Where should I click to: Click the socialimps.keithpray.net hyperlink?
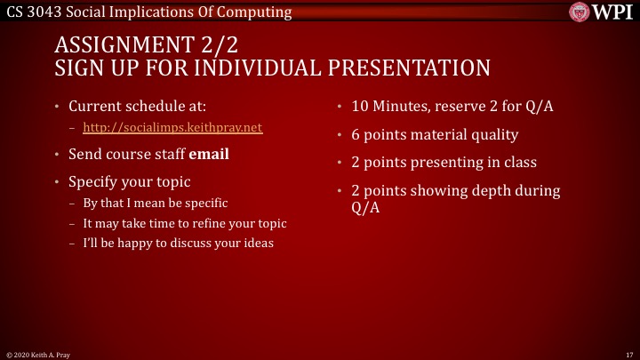pos(172,128)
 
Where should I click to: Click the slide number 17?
pos(628,354)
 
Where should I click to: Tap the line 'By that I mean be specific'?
pos(156,203)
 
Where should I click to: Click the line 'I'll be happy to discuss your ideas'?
pos(178,244)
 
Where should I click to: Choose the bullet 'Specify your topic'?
pos(130,181)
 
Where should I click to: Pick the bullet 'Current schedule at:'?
pos(138,107)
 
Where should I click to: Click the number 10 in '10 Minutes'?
pos(361,107)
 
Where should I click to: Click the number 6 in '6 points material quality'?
pos(356,135)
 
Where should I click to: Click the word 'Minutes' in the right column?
pos(404,107)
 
